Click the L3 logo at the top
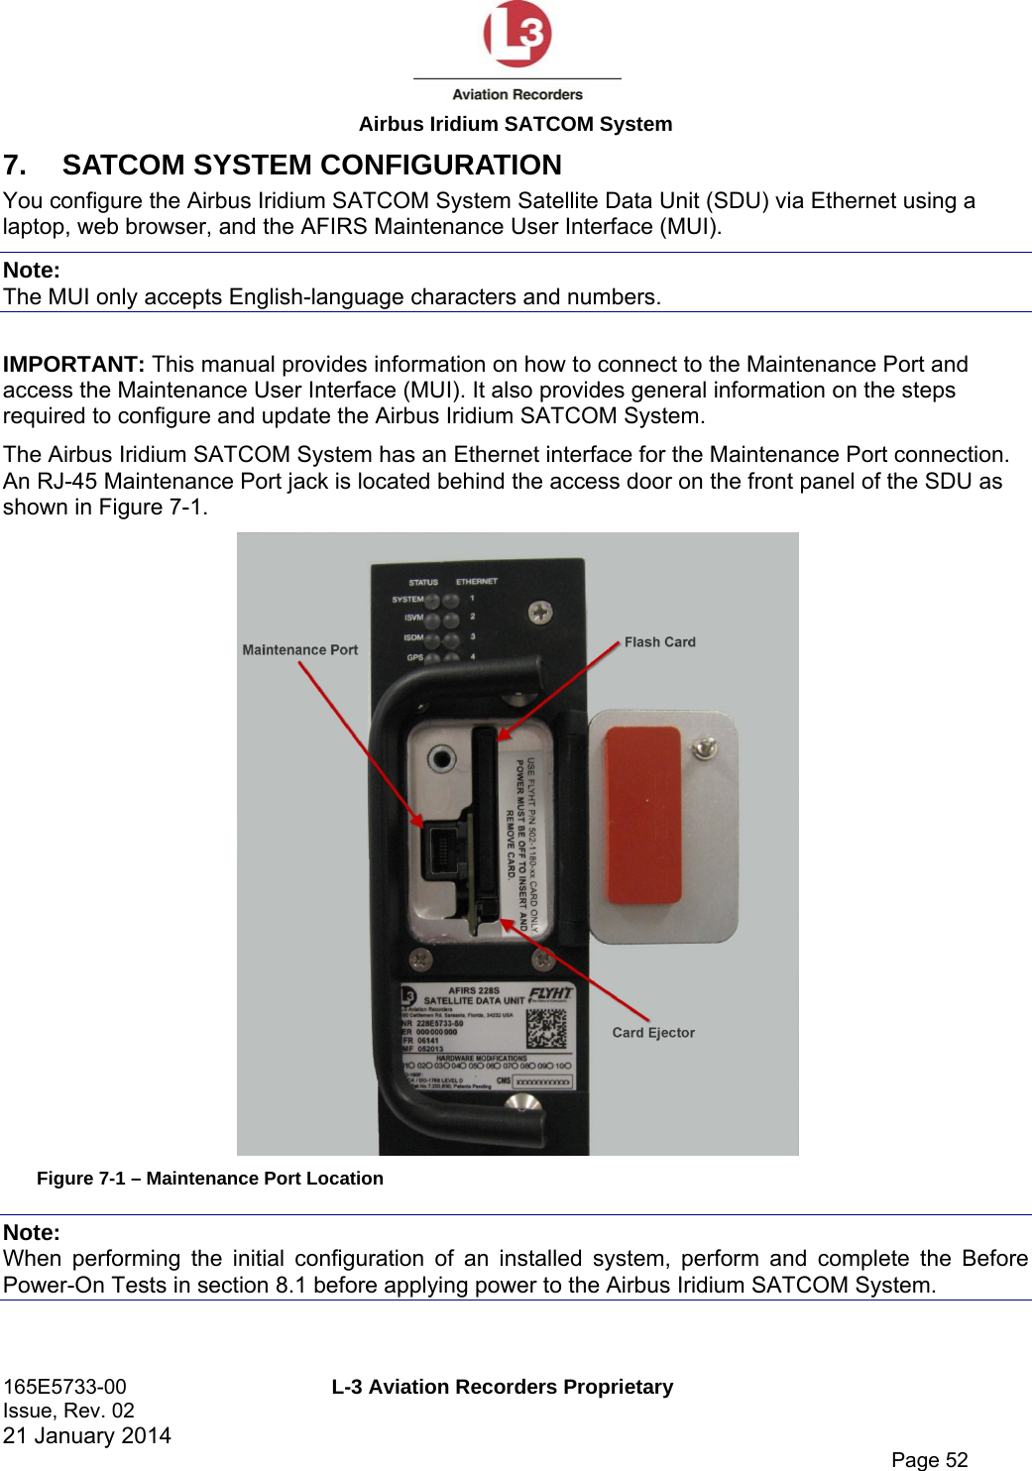point(516,35)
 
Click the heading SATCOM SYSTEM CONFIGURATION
point(311,165)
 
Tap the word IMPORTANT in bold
point(73,364)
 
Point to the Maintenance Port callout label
point(299,650)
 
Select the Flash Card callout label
point(659,642)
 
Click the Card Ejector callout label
point(653,1032)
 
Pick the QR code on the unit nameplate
point(546,1027)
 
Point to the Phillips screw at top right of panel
point(539,613)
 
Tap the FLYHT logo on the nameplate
point(550,993)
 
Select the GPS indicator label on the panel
point(414,657)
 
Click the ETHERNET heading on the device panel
point(476,582)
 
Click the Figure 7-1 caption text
point(210,1179)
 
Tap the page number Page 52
point(929,1459)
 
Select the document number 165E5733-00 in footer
point(65,1387)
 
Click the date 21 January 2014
point(87,1435)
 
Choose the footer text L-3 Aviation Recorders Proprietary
point(502,1387)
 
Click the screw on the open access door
point(704,747)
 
